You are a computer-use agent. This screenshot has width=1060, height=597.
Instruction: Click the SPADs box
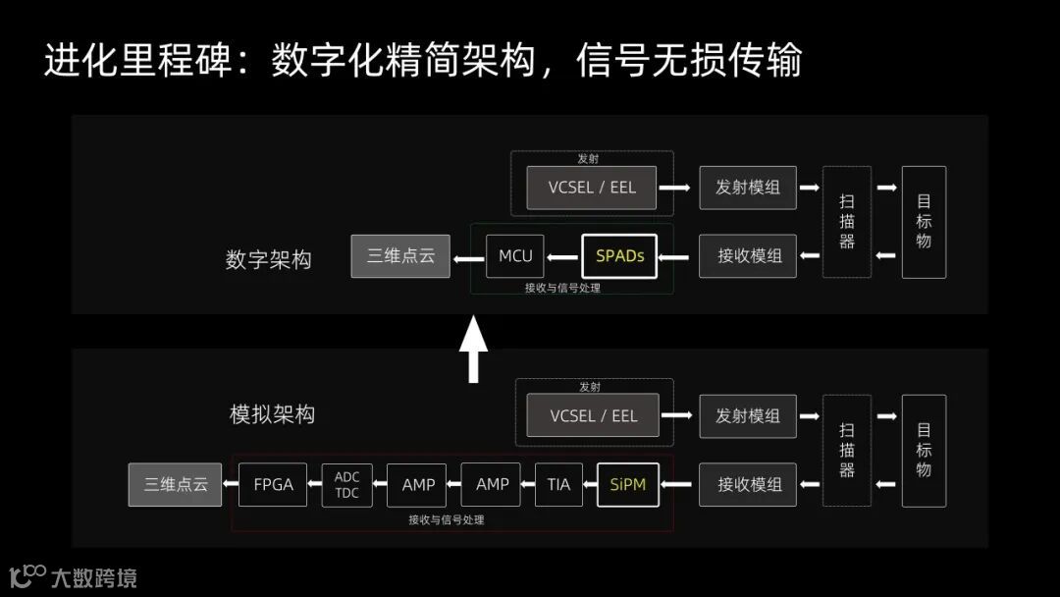[619, 256]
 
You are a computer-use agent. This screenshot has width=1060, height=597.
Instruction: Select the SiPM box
[627, 484]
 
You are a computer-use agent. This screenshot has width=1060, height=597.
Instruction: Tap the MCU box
[515, 256]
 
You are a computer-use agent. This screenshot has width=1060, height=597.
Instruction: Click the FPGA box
[273, 484]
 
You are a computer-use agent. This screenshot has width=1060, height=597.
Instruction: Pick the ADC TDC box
[346, 485]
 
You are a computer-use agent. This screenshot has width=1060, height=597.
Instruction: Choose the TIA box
[558, 484]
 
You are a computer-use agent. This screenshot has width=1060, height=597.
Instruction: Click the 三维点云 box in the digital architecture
[400, 256]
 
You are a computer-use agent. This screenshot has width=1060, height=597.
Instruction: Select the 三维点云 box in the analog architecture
[176, 484]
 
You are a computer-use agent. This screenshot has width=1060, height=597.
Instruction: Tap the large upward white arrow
[474, 349]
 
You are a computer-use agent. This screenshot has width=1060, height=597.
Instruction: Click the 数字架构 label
[268, 260]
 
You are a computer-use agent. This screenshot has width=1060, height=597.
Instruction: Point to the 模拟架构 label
[272, 414]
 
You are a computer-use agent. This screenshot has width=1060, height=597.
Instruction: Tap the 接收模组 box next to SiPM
[749, 484]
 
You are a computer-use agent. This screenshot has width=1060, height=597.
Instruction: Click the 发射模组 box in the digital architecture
[748, 187]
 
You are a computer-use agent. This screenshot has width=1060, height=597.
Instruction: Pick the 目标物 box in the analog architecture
[924, 451]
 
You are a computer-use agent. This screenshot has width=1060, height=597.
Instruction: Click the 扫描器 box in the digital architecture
[847, 222]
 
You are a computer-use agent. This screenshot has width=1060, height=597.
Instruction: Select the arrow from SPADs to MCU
[562, 257]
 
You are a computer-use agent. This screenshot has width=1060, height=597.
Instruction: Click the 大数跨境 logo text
[94, 577]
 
